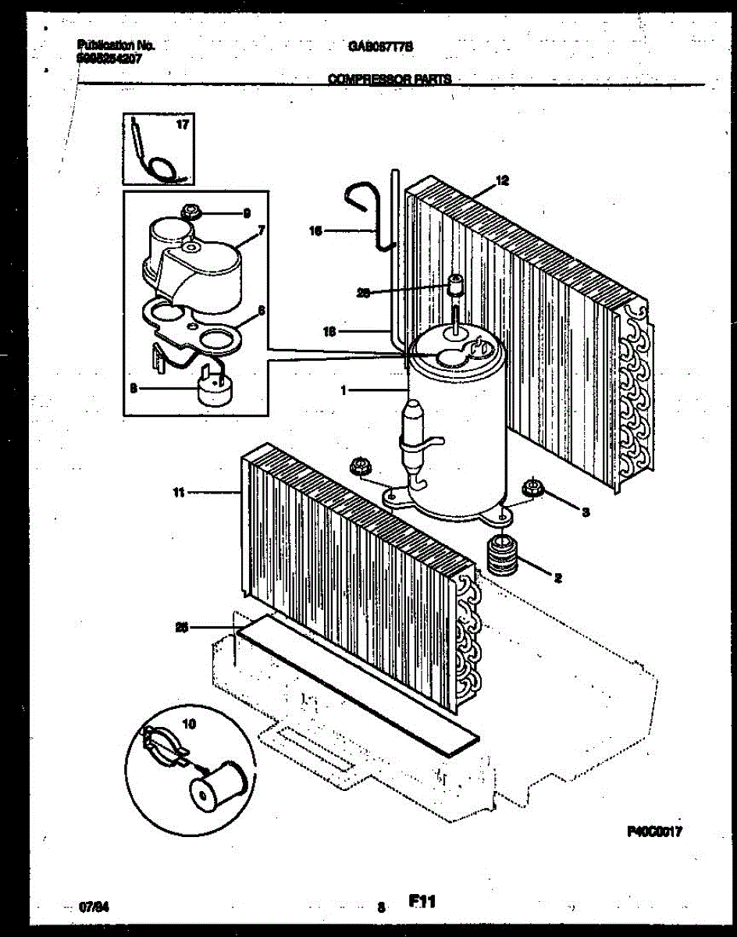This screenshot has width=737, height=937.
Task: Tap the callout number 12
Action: coord(502,181)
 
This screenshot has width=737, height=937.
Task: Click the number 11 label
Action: coord(178,493)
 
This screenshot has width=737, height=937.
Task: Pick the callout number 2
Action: coord(557,578)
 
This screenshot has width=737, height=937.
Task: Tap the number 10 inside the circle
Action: coord(188,724)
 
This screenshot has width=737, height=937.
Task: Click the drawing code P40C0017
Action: coord(654,832)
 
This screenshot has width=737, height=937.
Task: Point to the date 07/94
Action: coord(94,908)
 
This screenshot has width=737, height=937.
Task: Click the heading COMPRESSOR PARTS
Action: coord(389,79)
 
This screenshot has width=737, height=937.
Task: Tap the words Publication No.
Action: coord(116,46)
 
